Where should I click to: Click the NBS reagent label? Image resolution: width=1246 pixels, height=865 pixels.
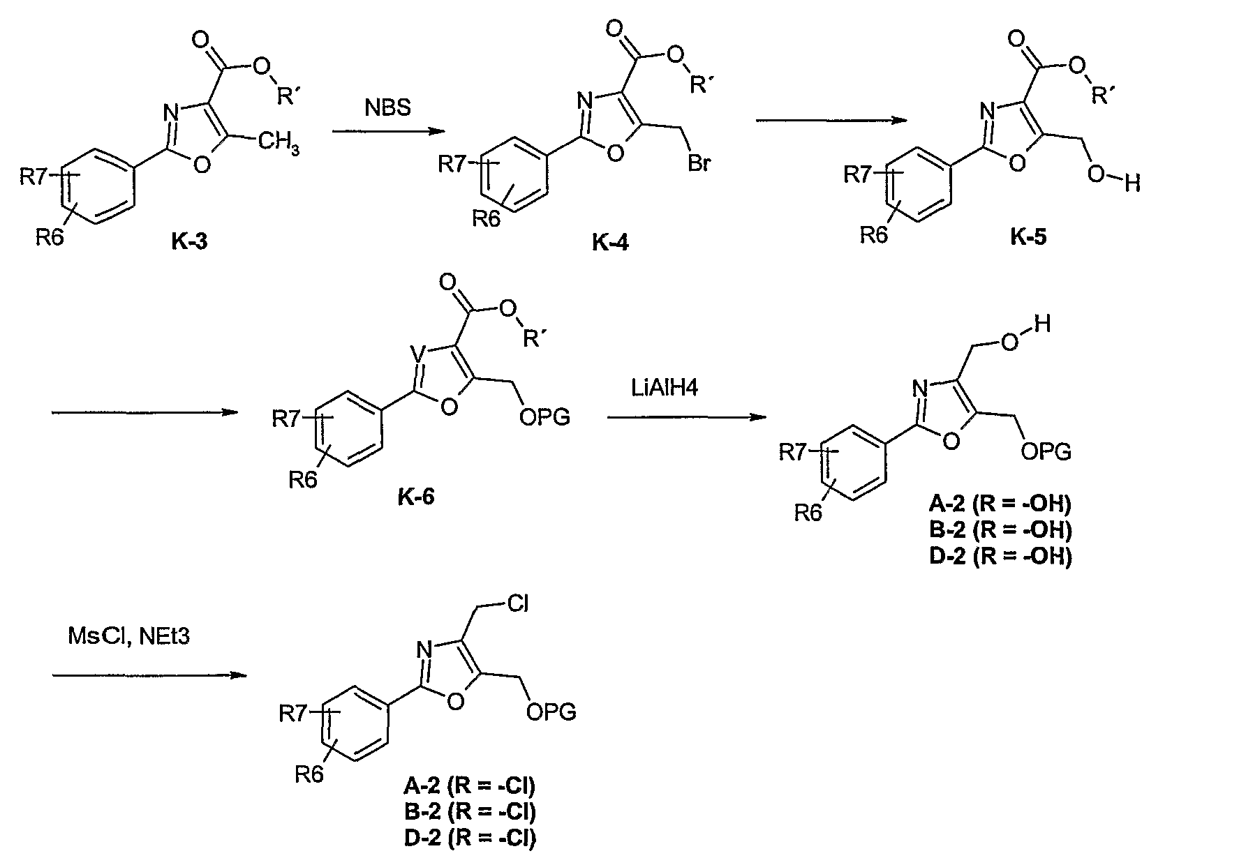[x=387, y=108]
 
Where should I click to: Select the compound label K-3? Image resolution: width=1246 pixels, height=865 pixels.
[x=189, y=242]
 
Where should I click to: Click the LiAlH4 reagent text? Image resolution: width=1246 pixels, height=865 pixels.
[x=662, y=388]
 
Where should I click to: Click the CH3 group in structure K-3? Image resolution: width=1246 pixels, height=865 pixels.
[x=279, y=144]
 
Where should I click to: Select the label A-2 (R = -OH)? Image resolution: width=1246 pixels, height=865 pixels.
[x=1000, y=504]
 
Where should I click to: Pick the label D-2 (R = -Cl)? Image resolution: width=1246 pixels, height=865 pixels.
[x=470, y=837]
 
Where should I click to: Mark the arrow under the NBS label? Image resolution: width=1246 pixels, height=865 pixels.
[x=389, y=131]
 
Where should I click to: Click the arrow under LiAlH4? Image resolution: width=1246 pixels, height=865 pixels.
[x=687, y=418]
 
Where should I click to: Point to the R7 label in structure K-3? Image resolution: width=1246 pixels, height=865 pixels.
[x=33, y=176]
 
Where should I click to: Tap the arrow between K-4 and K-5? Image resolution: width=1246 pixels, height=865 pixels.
[x=831, y=121]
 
